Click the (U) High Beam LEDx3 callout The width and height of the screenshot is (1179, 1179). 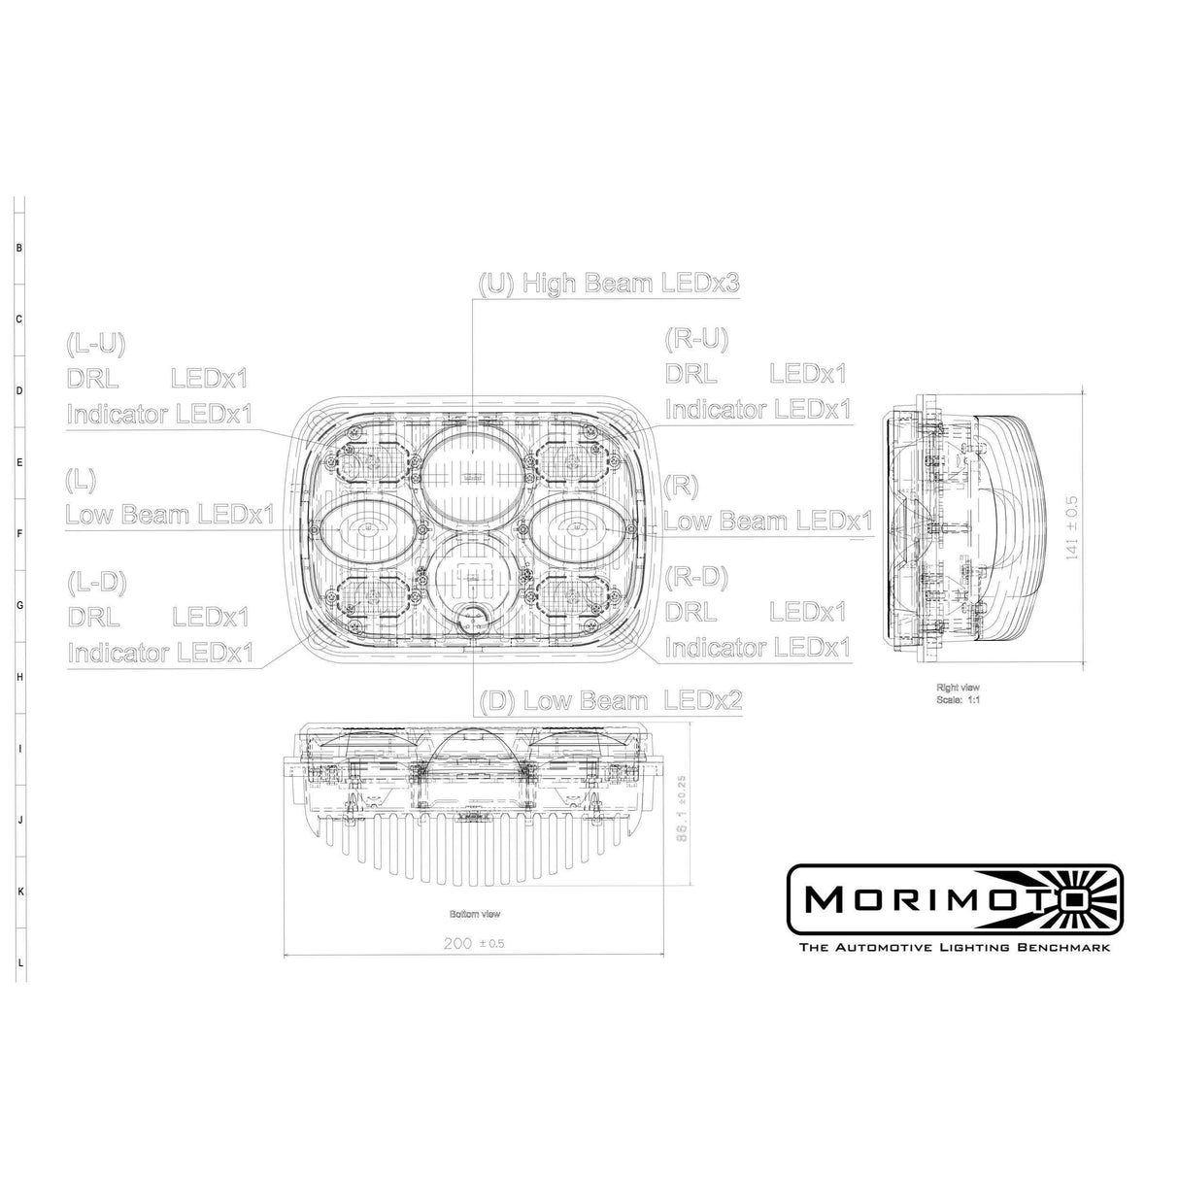(609, 284)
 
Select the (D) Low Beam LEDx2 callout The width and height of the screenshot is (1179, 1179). (611, 700)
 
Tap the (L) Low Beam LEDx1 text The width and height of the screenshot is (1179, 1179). (170, 514)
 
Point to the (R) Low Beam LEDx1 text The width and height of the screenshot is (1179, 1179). (767, 522)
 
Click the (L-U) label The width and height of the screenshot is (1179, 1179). (95, 343)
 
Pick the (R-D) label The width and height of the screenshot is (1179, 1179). (695, 577)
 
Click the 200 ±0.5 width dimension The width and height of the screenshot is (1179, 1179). (473, 943)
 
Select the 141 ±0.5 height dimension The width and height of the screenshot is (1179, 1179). (1099, 528)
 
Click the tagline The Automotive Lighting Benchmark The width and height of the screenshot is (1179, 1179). (953, 947)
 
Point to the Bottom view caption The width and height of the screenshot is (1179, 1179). (475, 914)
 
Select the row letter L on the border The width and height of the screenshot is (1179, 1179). (18, 962)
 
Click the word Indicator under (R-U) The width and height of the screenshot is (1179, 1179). (715, 409)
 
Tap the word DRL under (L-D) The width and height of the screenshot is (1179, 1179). (94, 617)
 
